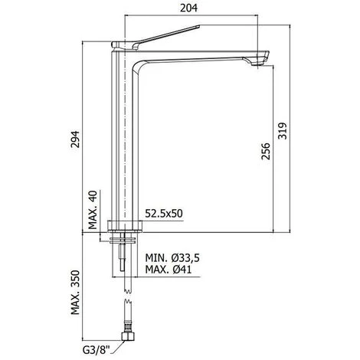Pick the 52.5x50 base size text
pyautogui.click(x=165, y=216)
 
